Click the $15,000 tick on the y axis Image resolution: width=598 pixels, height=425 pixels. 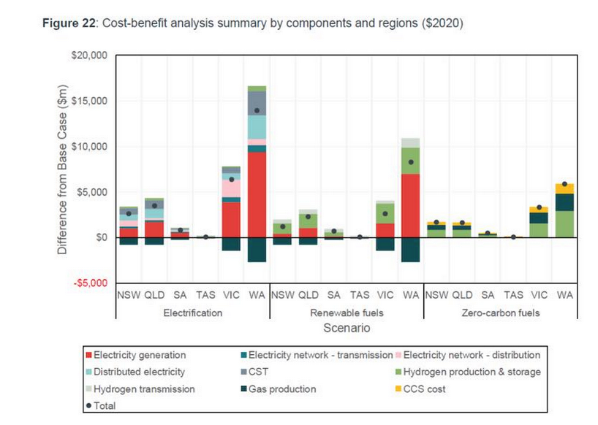click(x=91, y=101)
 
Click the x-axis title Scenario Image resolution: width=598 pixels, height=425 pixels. click(x=347, y=329)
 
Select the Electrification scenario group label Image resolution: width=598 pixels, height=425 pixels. click(x=193, y=312)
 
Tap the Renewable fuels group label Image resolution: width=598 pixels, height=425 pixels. click(x=347, y=312)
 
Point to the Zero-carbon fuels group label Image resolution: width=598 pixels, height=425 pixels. click(x=501, y=312)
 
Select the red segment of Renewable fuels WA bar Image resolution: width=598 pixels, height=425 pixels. click(x=410, y=205)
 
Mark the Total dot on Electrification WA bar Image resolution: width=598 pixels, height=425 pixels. click(x=257, y=111)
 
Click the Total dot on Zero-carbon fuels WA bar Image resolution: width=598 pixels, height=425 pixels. click(x=564, y=184)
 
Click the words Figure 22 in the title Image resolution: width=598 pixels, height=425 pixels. click(x=68, y=23)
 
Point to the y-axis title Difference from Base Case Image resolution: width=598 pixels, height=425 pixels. click(x=64, y=169)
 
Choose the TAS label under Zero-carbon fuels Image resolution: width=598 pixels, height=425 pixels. click(x=513, y=296)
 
